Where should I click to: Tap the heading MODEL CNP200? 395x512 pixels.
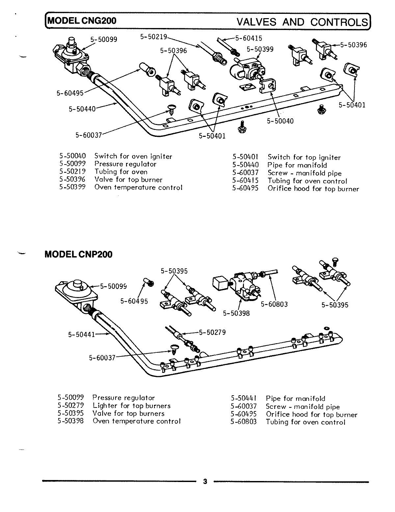click(x=78, y=255)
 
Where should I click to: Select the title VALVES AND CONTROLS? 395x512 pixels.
click(x=302, y=22)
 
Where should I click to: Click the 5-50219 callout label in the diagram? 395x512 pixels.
click(x=154, y=37)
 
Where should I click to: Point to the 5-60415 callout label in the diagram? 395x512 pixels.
click(x=249, y=39)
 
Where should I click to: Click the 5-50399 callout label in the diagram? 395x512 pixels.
click(x=260, y=49)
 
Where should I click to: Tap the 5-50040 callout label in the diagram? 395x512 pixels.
click(x=280, y=121)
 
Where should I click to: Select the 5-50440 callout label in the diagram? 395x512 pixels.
click(x=82, y=108)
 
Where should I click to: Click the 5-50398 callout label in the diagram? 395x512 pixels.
click(x=236, y=313)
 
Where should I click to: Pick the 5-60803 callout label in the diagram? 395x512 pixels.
click(x=274, y=304)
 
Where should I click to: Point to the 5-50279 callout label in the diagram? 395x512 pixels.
click(x=212, y=332)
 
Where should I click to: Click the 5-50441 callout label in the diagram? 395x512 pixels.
click(x=81, y=335)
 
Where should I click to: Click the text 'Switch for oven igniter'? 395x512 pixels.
click(x=133, y=157)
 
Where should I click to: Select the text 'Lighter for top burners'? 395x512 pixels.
click(x=132, y=406)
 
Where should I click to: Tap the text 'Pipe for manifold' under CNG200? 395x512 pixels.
click(x=297, y=165)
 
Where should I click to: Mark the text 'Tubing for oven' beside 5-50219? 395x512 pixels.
click(x=121, y=172)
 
